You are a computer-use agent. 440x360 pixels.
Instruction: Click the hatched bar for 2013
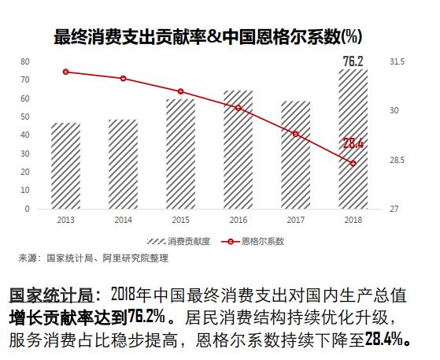(65, 166)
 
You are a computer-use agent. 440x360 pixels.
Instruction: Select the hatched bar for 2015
(180, 154)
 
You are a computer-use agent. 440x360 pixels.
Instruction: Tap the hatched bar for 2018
(353, 139)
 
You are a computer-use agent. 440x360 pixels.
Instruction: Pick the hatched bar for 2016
(238, 150)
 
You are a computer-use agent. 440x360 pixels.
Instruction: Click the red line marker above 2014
(123, 79)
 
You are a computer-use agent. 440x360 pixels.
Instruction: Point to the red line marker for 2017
(295, 134)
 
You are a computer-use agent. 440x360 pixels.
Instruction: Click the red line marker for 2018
(353, 163)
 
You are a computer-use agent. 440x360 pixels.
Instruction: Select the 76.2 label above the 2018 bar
(353, 61)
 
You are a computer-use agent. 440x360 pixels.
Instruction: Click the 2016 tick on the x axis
(238, 219)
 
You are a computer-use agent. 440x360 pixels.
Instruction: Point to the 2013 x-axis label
(65, 219)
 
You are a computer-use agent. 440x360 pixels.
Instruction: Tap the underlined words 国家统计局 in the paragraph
(50, 296)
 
